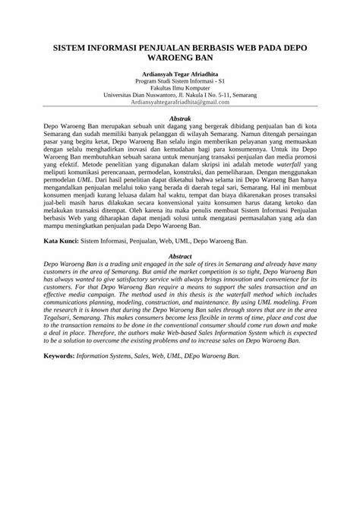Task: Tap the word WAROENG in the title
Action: [x=166, y=58]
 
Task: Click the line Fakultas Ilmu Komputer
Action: [x=180, y=87]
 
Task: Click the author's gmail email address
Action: [x=180, y=101]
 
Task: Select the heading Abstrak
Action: [x=180, y=119]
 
